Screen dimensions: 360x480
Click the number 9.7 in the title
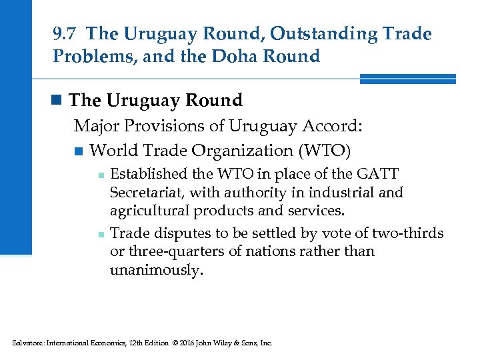click(65, 33)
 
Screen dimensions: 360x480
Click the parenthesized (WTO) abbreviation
click(326, 150)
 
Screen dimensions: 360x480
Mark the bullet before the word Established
click(99, 175)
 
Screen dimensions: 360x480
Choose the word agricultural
click(150, 211)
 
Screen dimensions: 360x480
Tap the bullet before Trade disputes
click(99, 234)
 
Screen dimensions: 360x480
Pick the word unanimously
click(155, 270)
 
